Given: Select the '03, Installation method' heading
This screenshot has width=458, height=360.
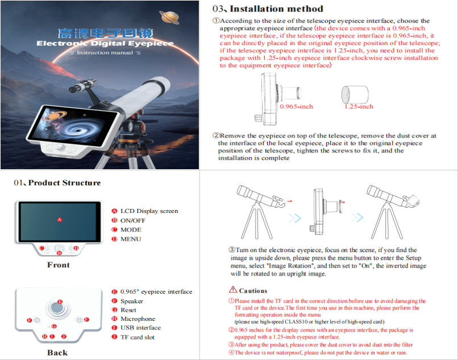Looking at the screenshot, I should point(268,9).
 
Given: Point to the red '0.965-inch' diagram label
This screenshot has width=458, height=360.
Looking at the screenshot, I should point(296,106).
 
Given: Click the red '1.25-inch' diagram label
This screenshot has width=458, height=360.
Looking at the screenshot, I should point(359,106).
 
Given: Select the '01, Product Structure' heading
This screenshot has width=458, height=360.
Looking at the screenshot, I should point(57,183).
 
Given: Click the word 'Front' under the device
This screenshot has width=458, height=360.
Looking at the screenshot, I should point(59,265).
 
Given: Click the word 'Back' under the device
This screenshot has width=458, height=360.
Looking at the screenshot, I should point(58,353).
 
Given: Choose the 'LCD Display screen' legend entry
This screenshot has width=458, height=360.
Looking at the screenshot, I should point(149,211).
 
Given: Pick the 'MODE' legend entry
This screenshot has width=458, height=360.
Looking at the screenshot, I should point(131,229).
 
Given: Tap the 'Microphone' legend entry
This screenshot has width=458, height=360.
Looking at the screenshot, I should point(138,319).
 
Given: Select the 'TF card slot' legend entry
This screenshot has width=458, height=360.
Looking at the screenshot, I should point(138,337).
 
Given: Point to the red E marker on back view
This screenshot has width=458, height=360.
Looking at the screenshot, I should point(60,301).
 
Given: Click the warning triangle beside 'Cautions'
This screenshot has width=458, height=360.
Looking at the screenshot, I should point(233,290).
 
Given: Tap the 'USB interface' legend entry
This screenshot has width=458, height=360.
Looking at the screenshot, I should point(140,328).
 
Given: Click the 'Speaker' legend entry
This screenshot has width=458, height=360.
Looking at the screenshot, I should point(132,302).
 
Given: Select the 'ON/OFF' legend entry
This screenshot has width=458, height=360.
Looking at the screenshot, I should point(133,220).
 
